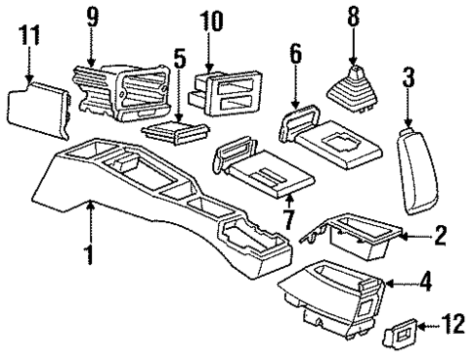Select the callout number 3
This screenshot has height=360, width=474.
point(409,76)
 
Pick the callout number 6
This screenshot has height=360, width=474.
point(296,62)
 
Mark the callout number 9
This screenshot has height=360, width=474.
point(92,17)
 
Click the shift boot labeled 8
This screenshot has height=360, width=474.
point(350,91)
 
